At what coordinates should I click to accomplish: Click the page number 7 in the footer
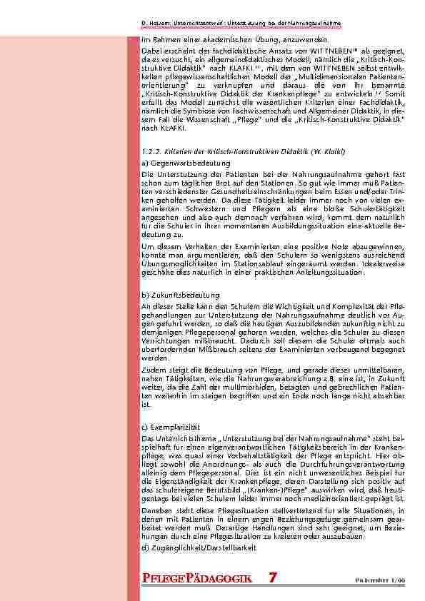[x=274, y=577]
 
